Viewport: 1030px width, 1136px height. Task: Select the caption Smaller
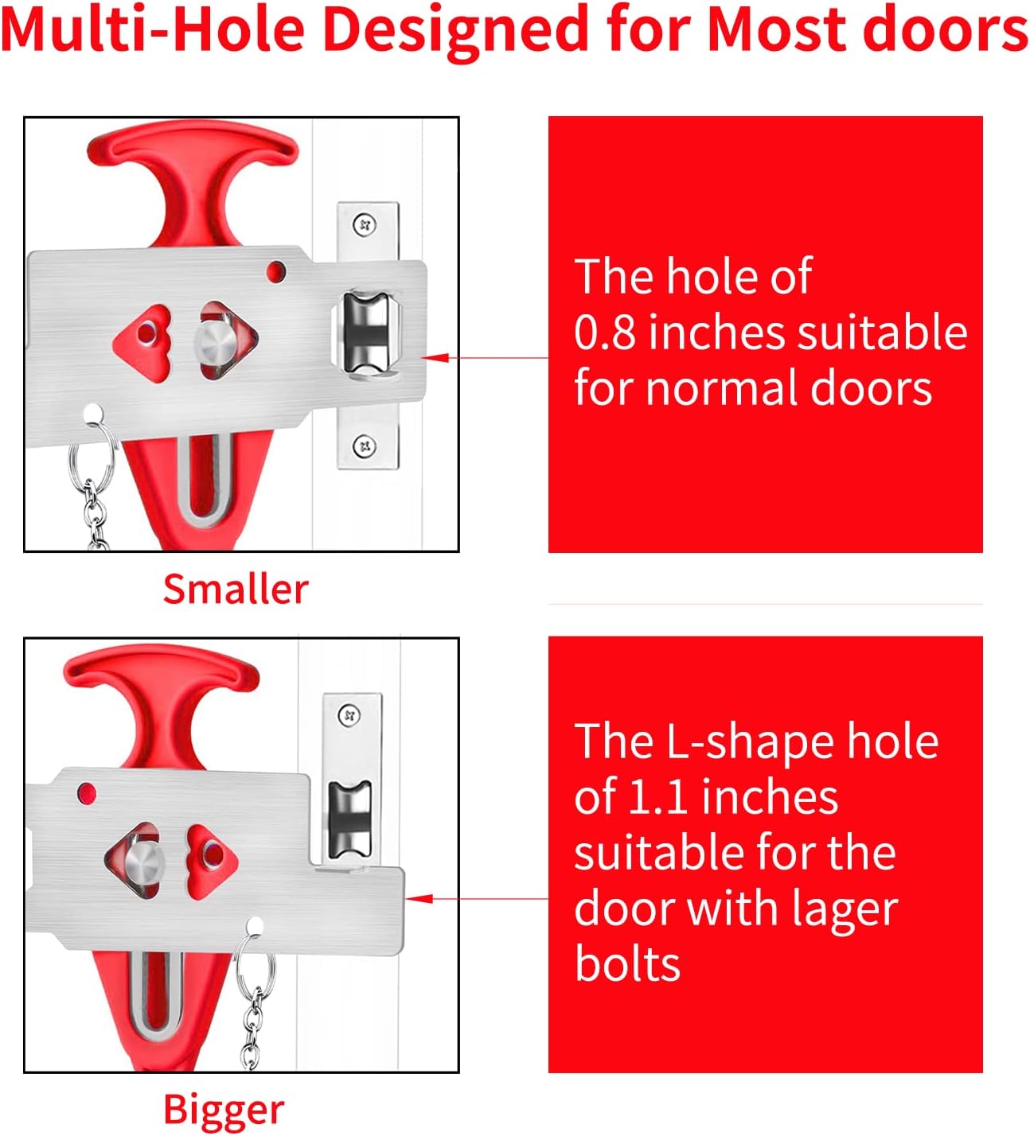236,589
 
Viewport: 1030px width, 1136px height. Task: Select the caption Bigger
224,1111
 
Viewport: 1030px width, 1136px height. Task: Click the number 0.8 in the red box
605,333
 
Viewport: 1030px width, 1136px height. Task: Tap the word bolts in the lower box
627,963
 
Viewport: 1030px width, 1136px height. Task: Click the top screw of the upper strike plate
364,225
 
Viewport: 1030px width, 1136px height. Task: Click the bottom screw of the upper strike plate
364,446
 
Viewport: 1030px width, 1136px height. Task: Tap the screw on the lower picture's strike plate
349,715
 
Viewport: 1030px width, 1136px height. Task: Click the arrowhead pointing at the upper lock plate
435,358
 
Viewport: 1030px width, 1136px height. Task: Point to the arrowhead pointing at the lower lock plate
419,899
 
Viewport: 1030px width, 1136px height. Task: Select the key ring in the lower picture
255,963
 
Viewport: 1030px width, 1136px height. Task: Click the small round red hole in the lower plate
87,792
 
